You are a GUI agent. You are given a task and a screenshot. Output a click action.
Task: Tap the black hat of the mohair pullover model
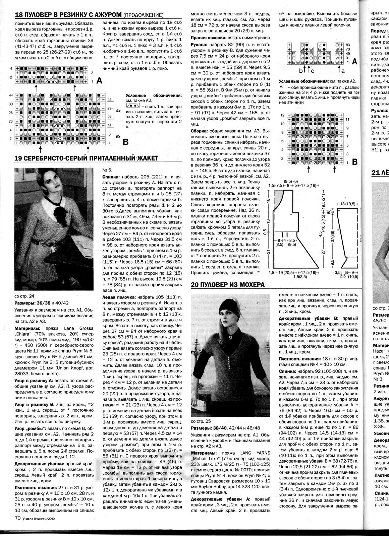227,306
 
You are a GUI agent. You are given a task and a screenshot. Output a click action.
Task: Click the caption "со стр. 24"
25,296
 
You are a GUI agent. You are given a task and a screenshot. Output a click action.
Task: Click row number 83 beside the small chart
347,45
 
